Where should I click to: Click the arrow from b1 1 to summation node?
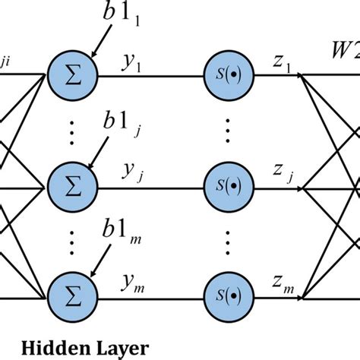tap(100, 44)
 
